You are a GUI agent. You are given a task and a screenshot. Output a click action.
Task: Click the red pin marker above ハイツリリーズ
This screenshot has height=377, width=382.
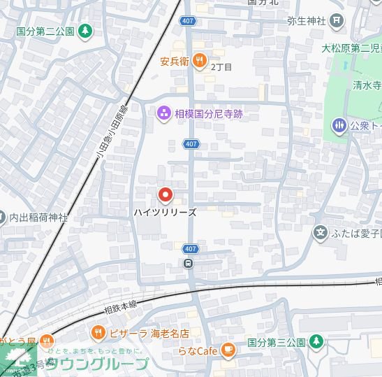pos(165,195)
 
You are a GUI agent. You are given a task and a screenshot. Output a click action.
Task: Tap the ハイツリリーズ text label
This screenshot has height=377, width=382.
pos(165,212)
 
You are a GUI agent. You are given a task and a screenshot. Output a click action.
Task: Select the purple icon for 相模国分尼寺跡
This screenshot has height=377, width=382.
pos(163,113)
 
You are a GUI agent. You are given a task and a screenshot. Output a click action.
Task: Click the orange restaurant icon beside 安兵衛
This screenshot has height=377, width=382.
pos(200,61)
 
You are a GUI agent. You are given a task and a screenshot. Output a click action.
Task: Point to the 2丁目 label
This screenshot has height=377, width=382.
pos(221,66)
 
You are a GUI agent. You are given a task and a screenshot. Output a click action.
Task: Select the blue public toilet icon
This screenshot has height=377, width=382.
pos(339,126)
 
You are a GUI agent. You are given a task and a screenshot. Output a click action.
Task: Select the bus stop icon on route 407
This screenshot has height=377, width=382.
pos(189,263)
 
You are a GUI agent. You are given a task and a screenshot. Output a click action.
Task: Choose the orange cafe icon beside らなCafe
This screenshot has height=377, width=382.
pos(228,350)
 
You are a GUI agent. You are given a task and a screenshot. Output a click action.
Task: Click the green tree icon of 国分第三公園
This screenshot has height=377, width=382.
pos(316,343)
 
